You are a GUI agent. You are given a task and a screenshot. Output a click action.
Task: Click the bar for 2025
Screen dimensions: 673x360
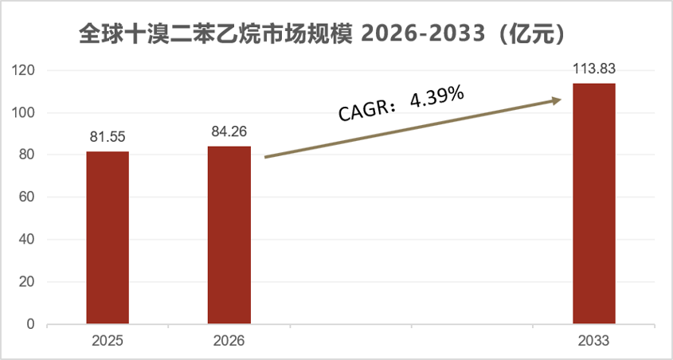point(108,237)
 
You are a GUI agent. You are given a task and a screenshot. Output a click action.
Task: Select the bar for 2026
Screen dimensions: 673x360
point(229,235)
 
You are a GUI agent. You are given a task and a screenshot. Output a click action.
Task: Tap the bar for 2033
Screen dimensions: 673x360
point(594,204)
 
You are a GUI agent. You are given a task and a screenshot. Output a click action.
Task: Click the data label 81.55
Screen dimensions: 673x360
point(108,137)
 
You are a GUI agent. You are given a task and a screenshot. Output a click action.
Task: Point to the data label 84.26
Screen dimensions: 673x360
point(229,131)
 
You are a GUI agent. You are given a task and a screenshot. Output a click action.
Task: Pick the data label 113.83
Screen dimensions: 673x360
point(594,68)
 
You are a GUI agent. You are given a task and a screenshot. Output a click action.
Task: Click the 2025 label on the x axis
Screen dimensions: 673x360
point(108,341)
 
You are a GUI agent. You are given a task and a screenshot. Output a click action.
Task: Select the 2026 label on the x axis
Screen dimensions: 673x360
point(229,341)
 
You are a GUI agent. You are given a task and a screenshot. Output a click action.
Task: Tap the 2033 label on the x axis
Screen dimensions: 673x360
point(593,341)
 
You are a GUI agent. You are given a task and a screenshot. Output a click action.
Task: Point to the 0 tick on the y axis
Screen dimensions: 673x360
point(29,324)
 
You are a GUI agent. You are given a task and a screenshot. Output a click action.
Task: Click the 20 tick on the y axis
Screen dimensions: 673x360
point(26,282)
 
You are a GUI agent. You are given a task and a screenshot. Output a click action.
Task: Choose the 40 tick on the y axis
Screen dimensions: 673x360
point(26,240)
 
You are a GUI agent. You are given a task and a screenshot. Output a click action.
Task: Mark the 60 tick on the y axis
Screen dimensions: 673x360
point(26,198)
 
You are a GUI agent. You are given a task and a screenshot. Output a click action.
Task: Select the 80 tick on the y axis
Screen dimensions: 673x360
point(26,155)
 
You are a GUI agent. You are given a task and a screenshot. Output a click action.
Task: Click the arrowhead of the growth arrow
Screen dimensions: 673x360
point(557,100)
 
